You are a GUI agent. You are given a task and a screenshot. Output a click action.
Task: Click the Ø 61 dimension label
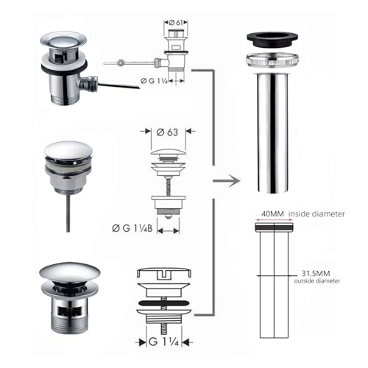point(176,23)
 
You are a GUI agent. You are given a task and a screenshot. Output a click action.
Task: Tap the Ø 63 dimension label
point(167,132)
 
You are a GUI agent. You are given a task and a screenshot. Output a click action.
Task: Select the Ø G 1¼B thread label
point(132,228)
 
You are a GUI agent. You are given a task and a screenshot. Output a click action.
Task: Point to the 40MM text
point(272,213)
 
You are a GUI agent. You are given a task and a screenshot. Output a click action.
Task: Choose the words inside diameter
point(316,213)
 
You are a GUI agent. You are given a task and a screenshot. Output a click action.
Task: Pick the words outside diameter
point(317,281)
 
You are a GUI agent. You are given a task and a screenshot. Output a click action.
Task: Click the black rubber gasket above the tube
point(272,39)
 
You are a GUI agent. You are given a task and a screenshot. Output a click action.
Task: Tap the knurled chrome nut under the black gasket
point(272,60)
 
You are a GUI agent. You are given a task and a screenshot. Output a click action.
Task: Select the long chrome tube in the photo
point(272,132)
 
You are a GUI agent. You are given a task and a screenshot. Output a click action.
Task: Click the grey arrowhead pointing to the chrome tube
point(235,181)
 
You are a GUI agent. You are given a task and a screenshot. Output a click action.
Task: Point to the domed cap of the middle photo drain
point(68,150)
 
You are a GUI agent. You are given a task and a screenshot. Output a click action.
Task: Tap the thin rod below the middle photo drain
point(68,213)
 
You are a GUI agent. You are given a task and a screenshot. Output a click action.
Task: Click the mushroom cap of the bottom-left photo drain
point(70,272)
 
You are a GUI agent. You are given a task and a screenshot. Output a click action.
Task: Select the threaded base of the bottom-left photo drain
point(68,322)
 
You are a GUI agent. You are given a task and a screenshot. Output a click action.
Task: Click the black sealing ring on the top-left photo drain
point(64,68)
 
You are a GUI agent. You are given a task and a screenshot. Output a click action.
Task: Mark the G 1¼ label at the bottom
point(163,342)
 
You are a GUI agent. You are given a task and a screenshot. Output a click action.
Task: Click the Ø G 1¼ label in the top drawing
point(154,80)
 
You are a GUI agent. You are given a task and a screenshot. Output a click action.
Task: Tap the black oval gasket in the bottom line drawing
point(163,303)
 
